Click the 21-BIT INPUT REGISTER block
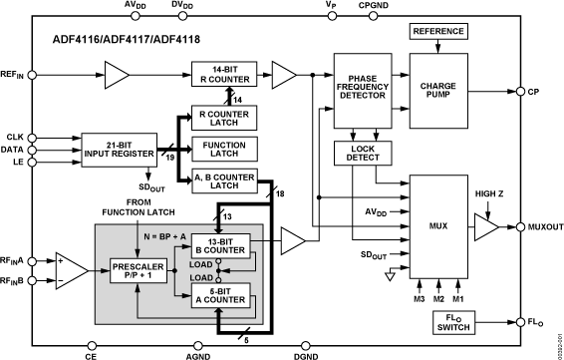[x=117, y=150]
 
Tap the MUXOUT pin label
[x=539, y=228]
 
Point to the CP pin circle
[x=519, y=92]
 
